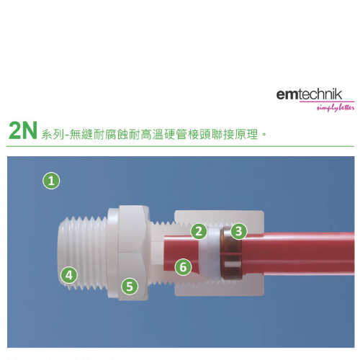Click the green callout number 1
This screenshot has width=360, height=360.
pos(51,181)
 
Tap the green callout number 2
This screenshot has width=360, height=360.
pos(199,231)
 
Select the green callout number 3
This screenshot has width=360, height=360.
pos(238,231)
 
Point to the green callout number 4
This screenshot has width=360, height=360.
pos(69,275)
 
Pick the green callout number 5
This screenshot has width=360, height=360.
pos(130,287)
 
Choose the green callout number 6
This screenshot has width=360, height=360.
pos(183,267)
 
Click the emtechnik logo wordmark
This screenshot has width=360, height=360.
pos(309,94)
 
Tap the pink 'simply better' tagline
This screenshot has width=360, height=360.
pos(336,108)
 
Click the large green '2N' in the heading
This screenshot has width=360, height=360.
pos(23,130)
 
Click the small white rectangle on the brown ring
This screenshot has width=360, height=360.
pos(232,264)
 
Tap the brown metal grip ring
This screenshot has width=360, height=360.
pos(232,253)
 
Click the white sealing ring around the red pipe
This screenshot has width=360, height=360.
pos(211,253)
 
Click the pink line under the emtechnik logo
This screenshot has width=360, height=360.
pos(327,102)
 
